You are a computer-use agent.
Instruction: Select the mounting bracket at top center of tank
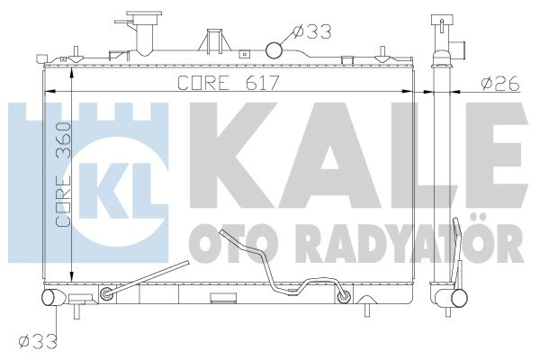pos(213,42)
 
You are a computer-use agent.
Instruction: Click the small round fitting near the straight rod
pos(108,294)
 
